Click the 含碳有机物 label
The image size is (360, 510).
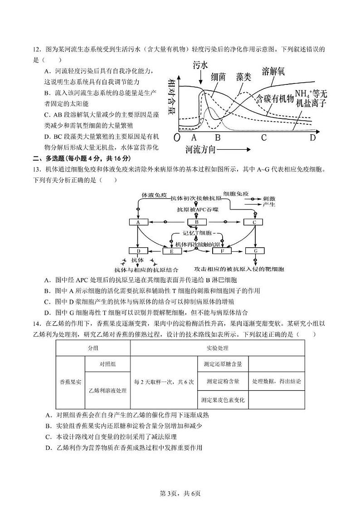(x=274, y=98)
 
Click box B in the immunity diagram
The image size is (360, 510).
(x=197, y=222)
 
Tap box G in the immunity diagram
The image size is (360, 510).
(x=255, y=250)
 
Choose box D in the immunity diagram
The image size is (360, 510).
(x=138, y=250)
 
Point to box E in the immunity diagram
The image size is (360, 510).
(x=172, y=251)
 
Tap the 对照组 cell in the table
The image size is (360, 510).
(x=107, y=364)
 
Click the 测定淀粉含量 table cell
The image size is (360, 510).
(x=222, y=381)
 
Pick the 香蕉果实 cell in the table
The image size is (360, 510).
(x=70, y=382)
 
